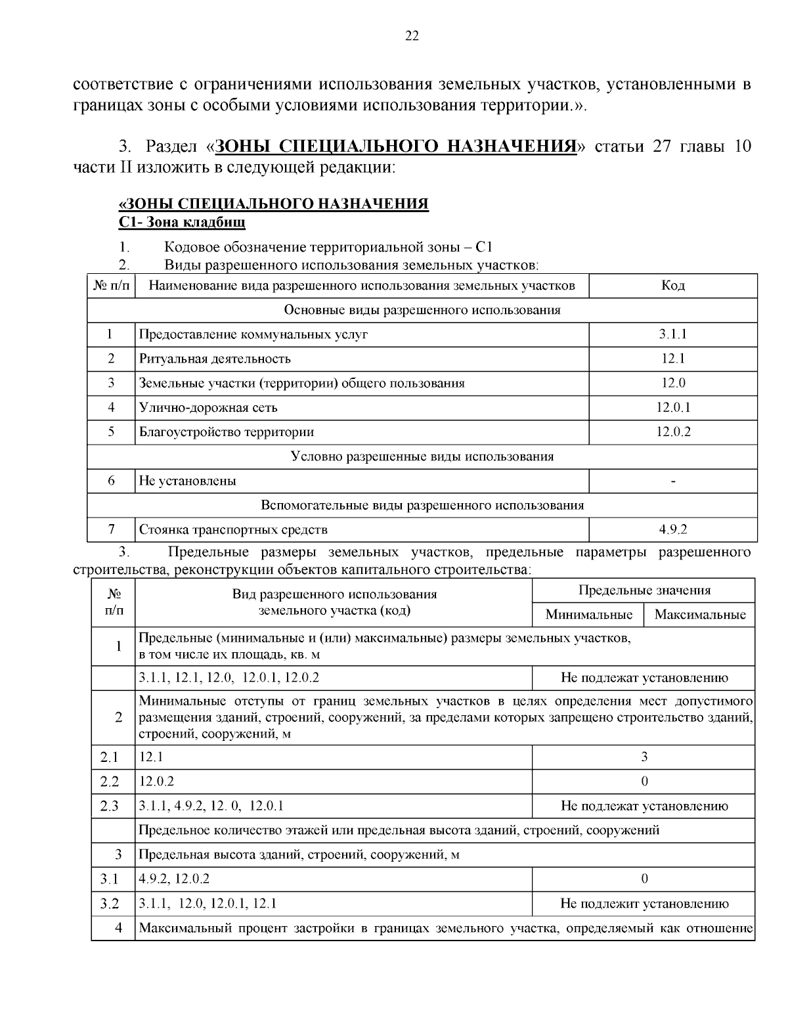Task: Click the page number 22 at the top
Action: pos(412,36)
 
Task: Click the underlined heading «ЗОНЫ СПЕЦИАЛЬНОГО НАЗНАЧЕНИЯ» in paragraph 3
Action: pos(395,145)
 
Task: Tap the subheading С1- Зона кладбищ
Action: pos(182,222)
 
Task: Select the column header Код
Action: pos(672,285)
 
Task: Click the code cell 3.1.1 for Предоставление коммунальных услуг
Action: pos(672,334)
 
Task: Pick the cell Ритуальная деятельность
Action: pos(215,359)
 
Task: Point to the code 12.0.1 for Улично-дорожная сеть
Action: pos(672,407)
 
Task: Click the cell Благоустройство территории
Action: pos(227,432)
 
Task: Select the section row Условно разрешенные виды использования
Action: pos(422,456)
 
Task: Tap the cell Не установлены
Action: pos(188,481)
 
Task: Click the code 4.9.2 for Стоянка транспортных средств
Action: pos(672,529)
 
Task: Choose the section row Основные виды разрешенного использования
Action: pos(422,310)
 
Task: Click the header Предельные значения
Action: pos(644,590)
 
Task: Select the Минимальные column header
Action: pos(588,615)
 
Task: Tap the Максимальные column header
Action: pos(700,615)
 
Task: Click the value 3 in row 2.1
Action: pos(644,757)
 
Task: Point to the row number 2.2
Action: pos(110,782)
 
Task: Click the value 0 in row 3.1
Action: pos(644,879)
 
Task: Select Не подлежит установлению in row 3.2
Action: pos(644,904)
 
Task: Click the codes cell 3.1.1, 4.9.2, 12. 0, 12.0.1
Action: pos(211,806)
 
